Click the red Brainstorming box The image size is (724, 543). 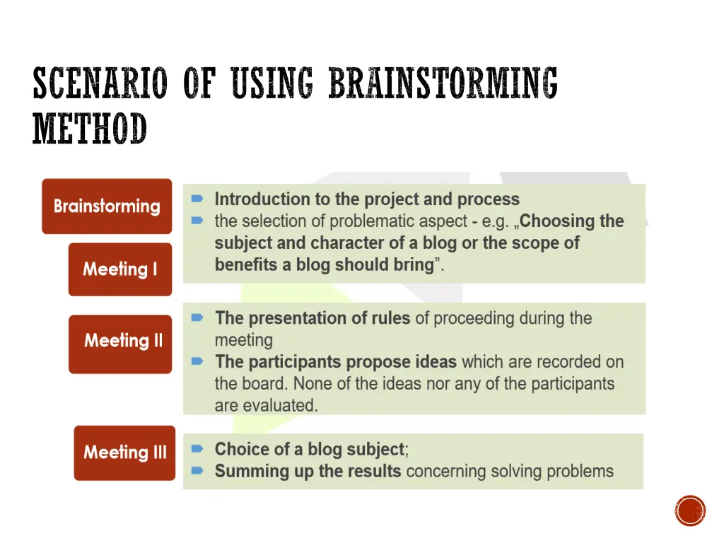click(x=107, y=206)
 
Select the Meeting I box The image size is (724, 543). click(x=120, y=269)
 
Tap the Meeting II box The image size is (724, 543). click(x=120, y=344)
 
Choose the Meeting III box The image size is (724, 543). click(x=124, y=453)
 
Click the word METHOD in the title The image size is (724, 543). click(x=90, y=129)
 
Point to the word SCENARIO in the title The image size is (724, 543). click(x=100, y=83)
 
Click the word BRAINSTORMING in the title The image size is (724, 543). click(x=443, y=83)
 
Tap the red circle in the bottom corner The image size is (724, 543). click(x=690, y=510)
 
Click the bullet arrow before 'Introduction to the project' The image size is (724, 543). click(x=198, y=199)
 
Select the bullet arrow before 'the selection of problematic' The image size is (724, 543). click(x=198, y=221)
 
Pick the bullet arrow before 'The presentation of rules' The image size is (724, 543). click(x=198, y=318)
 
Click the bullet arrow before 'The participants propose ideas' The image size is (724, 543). click(x=198, y=362)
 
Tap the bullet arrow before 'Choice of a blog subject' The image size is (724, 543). click(x=198, y=449)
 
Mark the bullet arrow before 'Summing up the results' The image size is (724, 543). click(x=198, y=471)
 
